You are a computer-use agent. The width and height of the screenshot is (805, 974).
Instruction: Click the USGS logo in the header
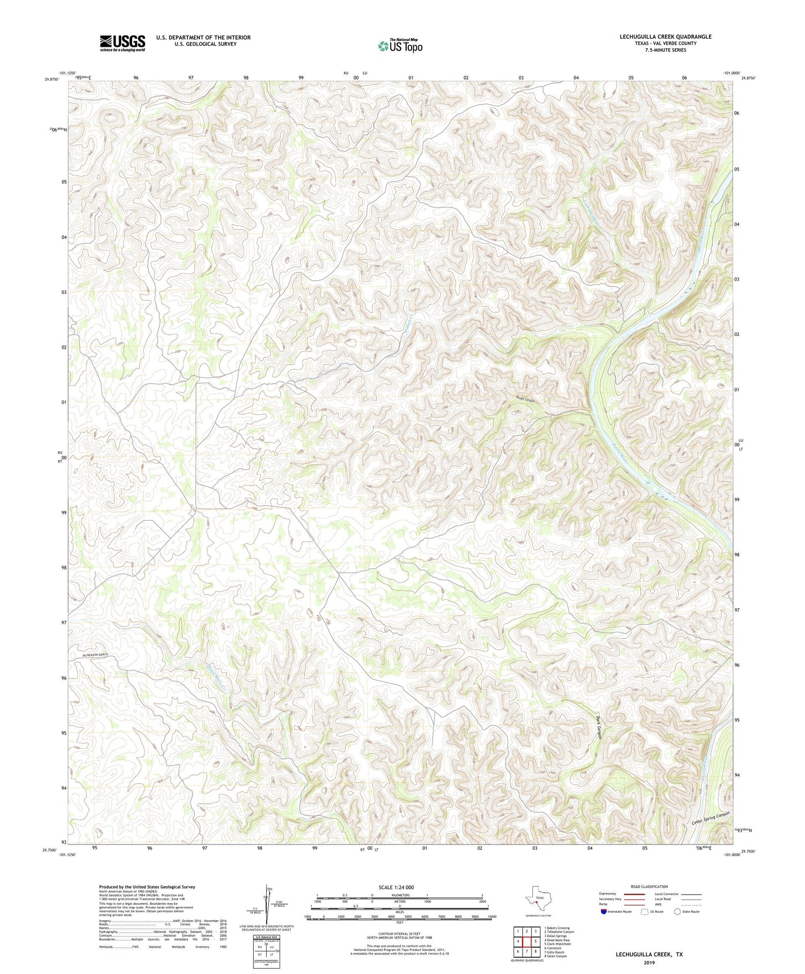coord(122,42)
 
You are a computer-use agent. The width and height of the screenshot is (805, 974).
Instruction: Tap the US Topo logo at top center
coord(400,46)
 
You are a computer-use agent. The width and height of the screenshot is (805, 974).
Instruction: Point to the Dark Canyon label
coord(599,727)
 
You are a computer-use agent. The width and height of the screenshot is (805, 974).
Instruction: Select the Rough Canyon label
coord(525,400)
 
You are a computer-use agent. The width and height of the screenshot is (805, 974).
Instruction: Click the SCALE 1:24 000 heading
coord(396,887)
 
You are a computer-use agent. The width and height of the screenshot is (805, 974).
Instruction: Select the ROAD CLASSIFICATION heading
coord(649,886)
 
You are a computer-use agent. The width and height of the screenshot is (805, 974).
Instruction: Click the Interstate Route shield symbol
coord(605,912)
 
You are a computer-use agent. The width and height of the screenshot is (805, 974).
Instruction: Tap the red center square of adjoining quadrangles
coord(527,937)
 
